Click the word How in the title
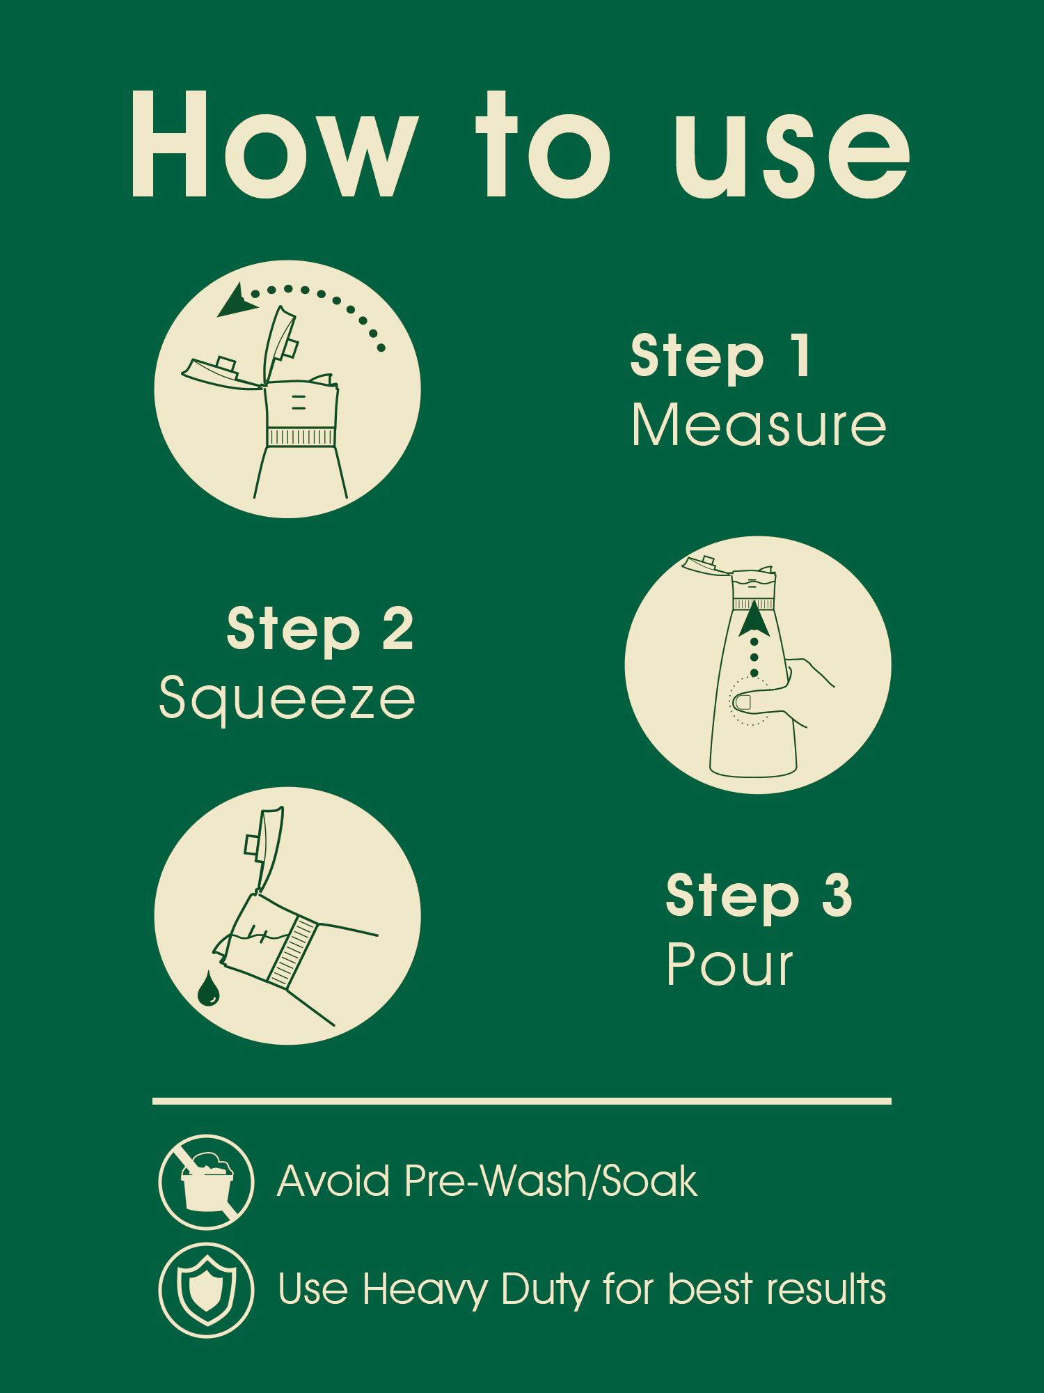pos(275,144)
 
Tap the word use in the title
pos(792,155)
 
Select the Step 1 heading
pos(720,357)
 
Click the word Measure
pos(759,425)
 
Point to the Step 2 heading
pos(320,629)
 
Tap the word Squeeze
pos(287,699)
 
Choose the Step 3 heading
pos(759,896)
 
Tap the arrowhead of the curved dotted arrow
pos(235,301)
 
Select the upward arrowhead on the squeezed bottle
pos(754,618)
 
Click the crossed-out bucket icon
pos(206,1181)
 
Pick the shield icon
pos(206,1290)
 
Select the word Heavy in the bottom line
pos(425,1290)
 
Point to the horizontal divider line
pos(522,1101)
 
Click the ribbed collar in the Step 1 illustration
pos(301,437)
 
